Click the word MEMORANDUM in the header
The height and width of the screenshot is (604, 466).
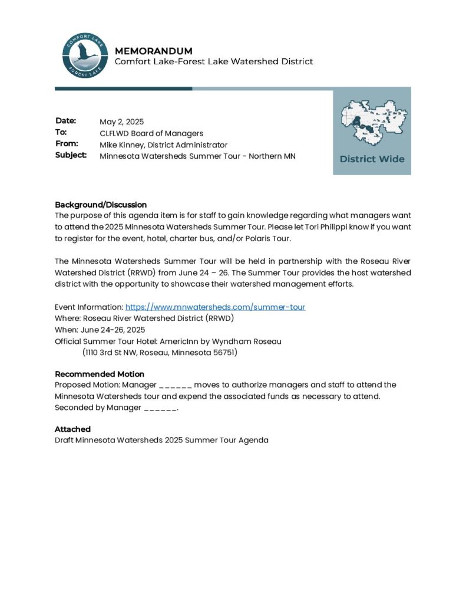pyautogui.click(x=153, y=51)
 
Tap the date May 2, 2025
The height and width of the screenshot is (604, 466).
pyautogui.click(x=121, y=122)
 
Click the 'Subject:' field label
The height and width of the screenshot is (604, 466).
pyautogui.click(x=71, y=155)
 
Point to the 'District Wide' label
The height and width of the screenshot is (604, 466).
pyautogui.click(x=372, y=159)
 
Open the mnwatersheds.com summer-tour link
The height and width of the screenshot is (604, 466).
pyautogui.click(x=215, y=307)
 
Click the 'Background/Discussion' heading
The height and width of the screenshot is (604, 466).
pyautogui.click(x=101, y=205)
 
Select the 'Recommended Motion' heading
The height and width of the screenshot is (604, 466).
pyautogui.click(x=100, y=374)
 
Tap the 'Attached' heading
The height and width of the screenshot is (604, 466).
pyautogui.click(x=72, y=429)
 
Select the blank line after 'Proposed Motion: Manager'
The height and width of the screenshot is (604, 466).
pyautogui.click(x=175, y=385)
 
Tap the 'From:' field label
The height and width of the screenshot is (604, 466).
pyautogui.click(x=67, y=144)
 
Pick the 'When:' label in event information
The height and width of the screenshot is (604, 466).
pyautogui.click(x=65, y=330)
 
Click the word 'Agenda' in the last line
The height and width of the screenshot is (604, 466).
pyautogui.click(x=253, y=440)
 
